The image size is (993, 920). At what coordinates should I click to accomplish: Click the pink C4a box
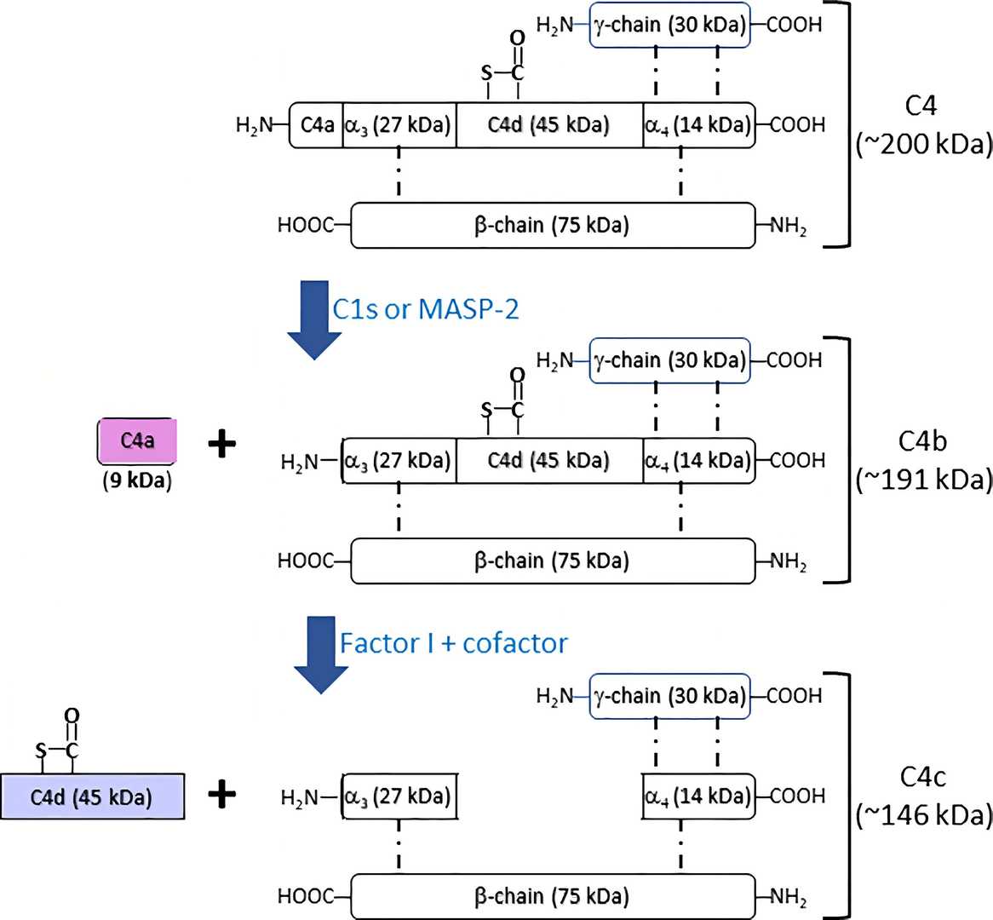pos(137,441)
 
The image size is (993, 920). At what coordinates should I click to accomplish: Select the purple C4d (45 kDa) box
pos(92,796)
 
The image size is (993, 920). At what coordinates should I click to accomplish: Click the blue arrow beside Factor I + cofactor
pos(320,655)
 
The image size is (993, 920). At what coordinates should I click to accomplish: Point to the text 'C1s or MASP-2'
pos(425,308)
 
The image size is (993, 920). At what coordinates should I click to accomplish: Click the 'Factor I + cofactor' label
pos(453,642)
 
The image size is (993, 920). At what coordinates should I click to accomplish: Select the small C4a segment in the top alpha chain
pos(317,126)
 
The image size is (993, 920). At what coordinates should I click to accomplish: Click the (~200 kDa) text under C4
pos(924,145)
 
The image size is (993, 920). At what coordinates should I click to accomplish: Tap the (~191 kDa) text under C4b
pos(924,480)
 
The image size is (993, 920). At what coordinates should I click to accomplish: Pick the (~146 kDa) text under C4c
pos(924,816)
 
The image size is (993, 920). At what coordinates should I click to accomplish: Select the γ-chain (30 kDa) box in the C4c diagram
pos(669,696)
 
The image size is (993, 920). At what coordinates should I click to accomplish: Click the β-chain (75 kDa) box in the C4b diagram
pos(552,561)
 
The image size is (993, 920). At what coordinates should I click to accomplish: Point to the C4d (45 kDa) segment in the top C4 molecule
pos(548,126)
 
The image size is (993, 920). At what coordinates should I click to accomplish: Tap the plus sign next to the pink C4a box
pos(221,444)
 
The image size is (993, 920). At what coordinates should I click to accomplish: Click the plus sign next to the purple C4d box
pos(221,795)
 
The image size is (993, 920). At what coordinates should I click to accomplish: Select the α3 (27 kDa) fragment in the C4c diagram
pos(398,796)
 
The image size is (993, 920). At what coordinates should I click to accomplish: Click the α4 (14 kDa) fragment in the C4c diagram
pos(697,796)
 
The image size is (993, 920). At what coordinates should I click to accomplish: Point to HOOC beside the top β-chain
pos(305,226)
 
